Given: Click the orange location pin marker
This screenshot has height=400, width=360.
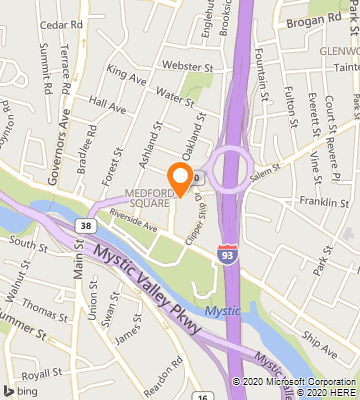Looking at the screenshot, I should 180,178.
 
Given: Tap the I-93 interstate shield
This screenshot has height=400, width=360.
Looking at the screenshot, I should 229,257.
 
